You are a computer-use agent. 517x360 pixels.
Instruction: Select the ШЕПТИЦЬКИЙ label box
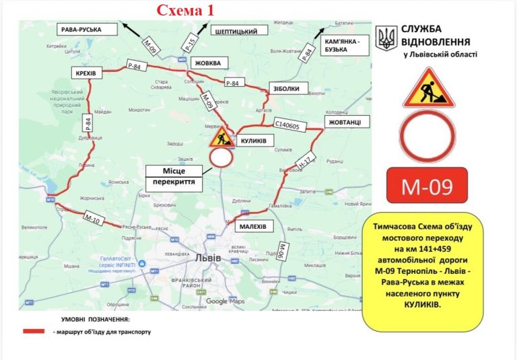click(239, 31)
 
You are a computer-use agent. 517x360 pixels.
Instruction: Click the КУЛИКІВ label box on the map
click(254, 141)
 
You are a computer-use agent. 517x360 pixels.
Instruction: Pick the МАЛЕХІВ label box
click(254, 227)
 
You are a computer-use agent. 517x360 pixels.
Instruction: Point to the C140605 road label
click(291, 125)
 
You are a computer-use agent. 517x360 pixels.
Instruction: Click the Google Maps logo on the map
click(226, 301)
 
